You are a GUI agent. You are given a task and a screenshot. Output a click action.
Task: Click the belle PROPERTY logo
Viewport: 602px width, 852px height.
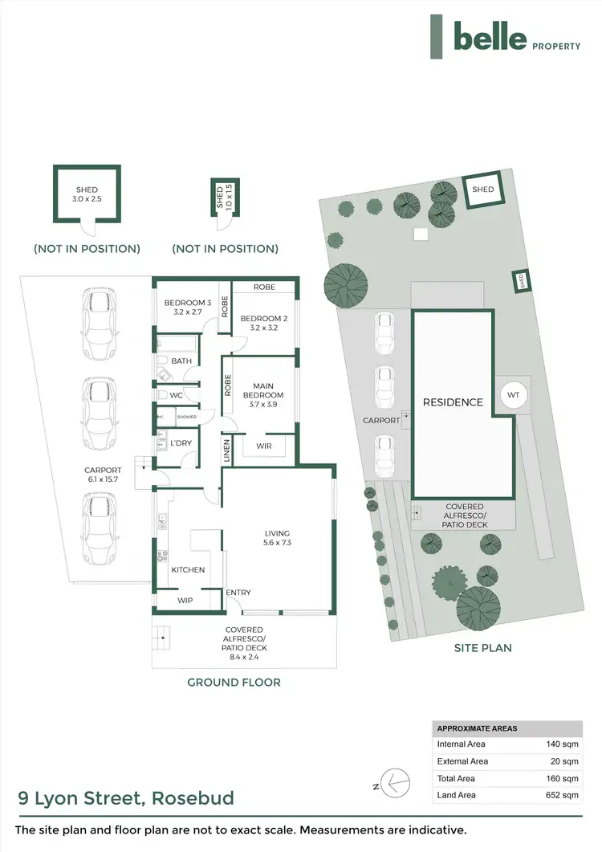pyautogui.click(x=505, y=37)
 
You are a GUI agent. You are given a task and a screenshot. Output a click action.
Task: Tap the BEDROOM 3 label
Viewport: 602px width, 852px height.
pyautogui.click(x=187, y=303)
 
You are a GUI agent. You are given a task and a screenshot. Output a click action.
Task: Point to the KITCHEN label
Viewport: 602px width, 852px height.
pyautogui.click(x=188, y=569)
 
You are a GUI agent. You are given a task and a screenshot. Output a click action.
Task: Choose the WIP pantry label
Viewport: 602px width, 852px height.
pyautogui.click(x=185, y=599)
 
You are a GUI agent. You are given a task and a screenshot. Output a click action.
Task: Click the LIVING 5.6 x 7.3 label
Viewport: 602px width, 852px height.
pyautogui.click(x=277, y=538)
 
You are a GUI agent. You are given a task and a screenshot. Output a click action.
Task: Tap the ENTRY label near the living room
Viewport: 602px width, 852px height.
pyautogui.click(x=238, y=593)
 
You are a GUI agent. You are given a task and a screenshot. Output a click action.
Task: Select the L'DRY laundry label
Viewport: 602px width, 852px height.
pyautogui.click(x=179, y=443)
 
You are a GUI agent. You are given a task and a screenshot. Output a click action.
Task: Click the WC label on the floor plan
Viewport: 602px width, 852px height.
pyautogui.click(x=177, y=395)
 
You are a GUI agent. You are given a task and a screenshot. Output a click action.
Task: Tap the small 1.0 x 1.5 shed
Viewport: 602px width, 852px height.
pyautogui.click(x=220, y=198)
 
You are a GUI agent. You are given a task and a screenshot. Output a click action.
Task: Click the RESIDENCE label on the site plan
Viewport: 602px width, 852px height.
pyautogui.click(x=454, y=402)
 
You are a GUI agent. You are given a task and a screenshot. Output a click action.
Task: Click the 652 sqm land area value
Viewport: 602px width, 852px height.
pyautogui.click(x=563, y=795)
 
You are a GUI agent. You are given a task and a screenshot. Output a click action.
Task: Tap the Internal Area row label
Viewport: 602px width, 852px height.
pyautogui.click(x=462, y=744)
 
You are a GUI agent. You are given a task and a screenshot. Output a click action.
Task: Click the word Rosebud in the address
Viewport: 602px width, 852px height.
pyautogui.click(x=195, y=798)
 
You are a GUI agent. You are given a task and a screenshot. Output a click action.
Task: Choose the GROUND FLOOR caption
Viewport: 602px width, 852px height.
pyautogui.click(x=234, y=683)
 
